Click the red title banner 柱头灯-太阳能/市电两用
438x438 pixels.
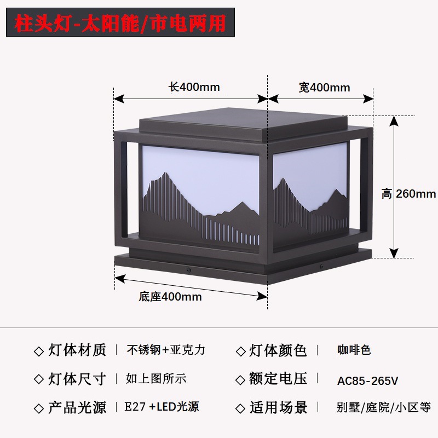(120, 22)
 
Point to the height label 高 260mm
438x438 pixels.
(408, 193)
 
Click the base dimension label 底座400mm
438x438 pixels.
(170, 297)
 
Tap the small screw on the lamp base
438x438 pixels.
(189, 269)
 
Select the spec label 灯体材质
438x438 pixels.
(77, 350)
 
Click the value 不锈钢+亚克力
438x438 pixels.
(166, 350)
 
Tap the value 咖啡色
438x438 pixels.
(354, 350)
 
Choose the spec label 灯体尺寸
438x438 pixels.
(77, 378)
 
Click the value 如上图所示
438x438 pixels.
(156, 378)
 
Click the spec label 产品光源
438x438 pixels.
(77, 407)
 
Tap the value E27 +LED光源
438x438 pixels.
(162, 407)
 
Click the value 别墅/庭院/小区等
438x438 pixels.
(384, 407)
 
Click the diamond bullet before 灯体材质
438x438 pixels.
(38, 351)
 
